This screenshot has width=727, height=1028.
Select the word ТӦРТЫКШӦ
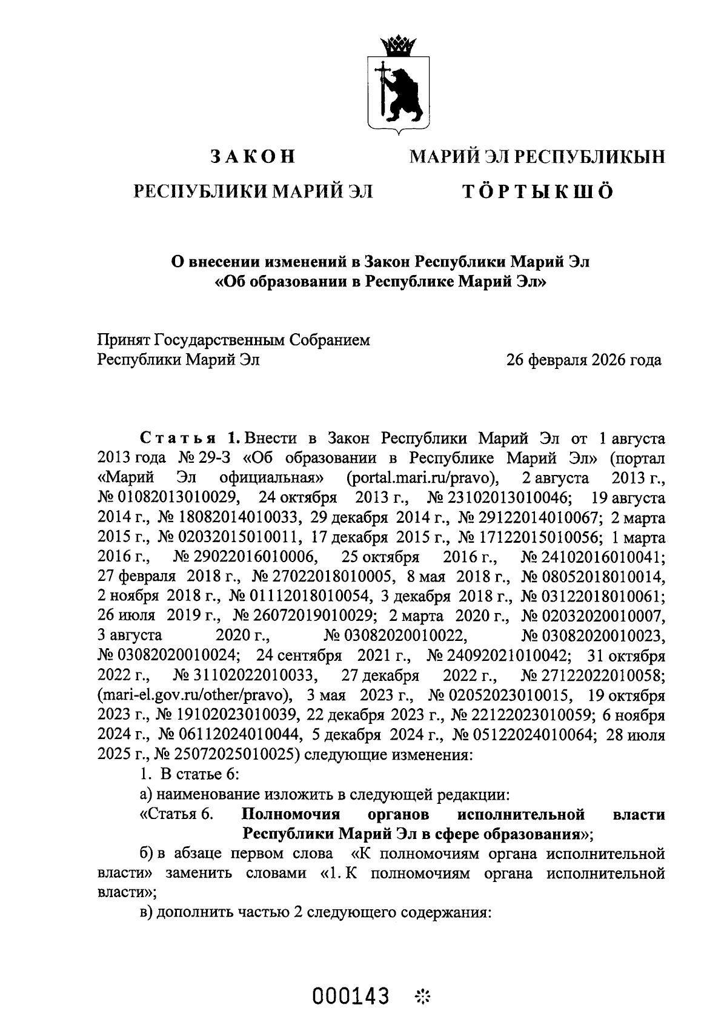[x=538, y=192]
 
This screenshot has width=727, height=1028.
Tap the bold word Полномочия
[x=291, y=814]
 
